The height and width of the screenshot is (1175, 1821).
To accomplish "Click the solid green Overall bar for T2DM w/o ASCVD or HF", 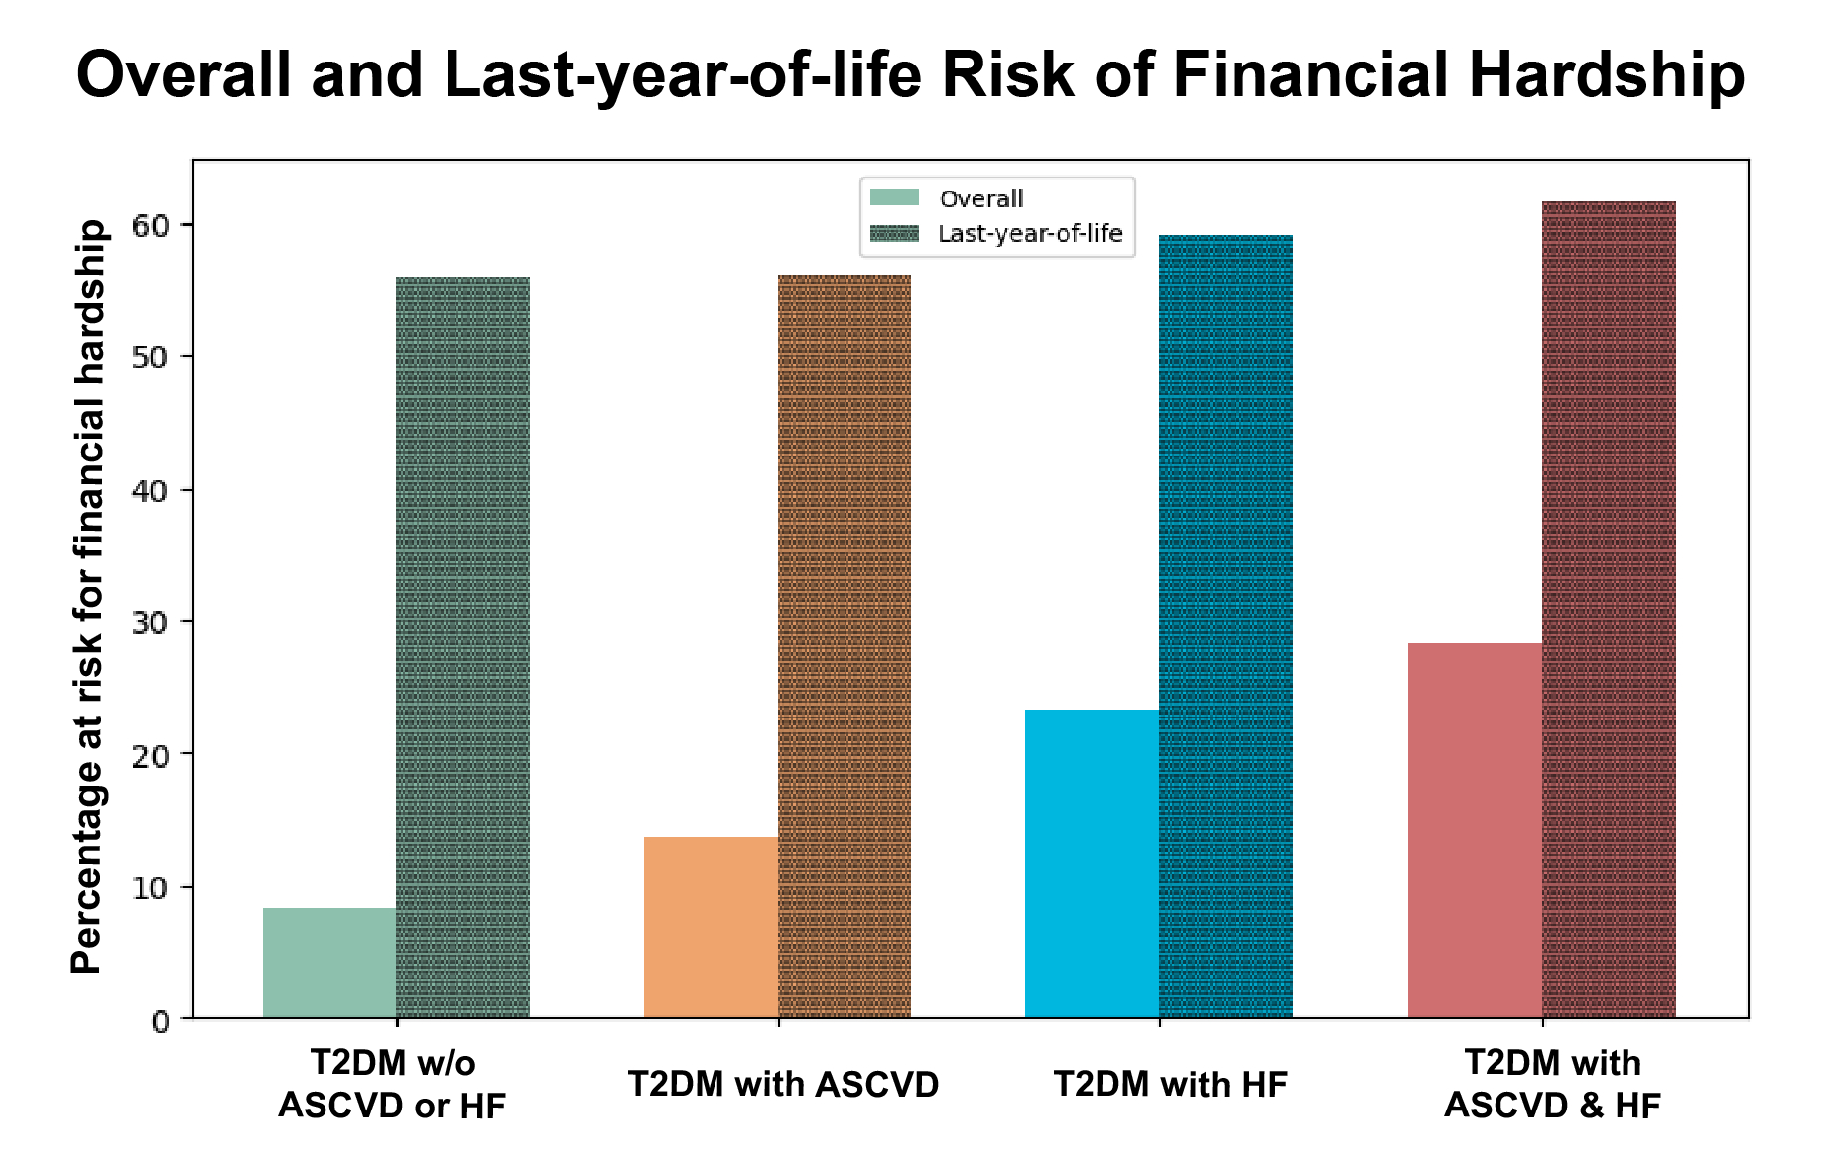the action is (329, 963).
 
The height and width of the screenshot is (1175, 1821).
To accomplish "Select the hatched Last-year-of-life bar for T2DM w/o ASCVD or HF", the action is (463, 648).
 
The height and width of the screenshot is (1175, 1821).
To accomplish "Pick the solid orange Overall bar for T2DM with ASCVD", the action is (712, 928).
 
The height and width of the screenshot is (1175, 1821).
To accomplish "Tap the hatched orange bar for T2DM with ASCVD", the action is (845, 647).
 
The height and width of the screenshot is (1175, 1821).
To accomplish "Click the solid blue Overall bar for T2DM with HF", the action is (1093, 864).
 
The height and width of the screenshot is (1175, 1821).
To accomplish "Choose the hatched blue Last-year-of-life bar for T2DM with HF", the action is (1227, 627).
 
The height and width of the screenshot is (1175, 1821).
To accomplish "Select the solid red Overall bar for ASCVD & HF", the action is (1476, 831).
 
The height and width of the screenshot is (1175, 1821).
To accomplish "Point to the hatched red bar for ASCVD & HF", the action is (1610, 610).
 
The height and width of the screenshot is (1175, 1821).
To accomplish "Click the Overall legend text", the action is (981, 198).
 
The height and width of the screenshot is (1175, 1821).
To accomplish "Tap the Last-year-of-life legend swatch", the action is (895, 233).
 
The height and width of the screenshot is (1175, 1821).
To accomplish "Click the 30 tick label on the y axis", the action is (150, 622).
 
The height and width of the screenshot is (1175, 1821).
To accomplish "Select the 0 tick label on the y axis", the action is (161, 1021).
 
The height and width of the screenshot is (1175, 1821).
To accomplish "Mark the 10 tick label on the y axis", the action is (150, 888).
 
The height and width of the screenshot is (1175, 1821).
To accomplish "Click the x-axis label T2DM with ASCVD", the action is (784, 1085).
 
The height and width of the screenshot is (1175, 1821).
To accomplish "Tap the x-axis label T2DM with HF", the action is (1171, 1085).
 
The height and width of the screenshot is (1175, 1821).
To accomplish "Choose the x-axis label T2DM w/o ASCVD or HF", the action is (393, 1084).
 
